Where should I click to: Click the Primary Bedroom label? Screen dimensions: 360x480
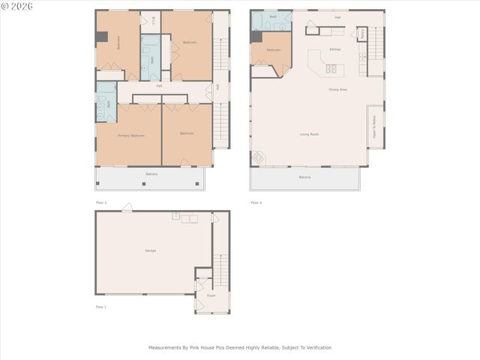point(131,136)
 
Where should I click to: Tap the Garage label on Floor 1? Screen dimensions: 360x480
point(151,250)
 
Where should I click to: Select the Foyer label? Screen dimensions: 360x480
point(211,295)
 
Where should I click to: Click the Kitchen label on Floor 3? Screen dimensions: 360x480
point(335,49)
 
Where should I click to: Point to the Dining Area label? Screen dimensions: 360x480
point(337,90)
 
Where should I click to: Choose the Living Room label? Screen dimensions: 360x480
point(309,134)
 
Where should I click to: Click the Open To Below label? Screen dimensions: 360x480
point(374,126)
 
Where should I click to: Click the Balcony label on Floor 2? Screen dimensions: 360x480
point(151,174)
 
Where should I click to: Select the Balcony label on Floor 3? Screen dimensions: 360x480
point(304,177)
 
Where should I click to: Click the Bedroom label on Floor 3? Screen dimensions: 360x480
point(274,50)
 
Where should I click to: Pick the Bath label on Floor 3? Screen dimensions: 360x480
point(273,16)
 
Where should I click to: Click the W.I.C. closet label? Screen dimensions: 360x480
point(154,19)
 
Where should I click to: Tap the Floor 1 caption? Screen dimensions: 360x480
point(101,307)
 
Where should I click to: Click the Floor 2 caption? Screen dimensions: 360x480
point(101,202)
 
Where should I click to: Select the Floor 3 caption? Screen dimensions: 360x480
point(256,202)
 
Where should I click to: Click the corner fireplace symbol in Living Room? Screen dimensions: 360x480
point(258,158)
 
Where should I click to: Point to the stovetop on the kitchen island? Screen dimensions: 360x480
point(331,69)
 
